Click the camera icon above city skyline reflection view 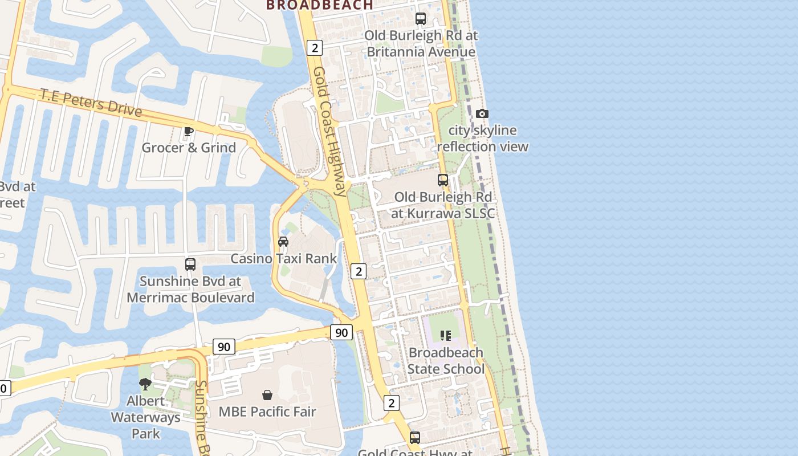[x=482, y=113]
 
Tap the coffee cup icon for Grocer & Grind [x=189, y=132]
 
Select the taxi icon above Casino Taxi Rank [x=283, y=241]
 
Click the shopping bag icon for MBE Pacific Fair [x=267, y=394]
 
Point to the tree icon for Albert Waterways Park [x=145, y=384]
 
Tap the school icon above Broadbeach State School [x=446, y=336]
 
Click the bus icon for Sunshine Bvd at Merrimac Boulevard [x=190, y=264]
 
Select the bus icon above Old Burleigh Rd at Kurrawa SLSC [x=443, y=180]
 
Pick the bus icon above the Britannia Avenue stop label [x=421, y=19]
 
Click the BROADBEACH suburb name [x=320, y=5]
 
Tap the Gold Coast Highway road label [x=330, y=131]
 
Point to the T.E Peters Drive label [x=91, y=102]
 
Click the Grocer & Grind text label [x=189, y=148]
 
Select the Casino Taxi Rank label [x=283, y=258]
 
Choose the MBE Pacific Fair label [x=267, y=411]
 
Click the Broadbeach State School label [x=446, y=361]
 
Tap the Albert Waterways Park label [x=145, y=417]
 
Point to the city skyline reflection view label [x=482, y=139]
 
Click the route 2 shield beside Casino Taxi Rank [x=359, y=271]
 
